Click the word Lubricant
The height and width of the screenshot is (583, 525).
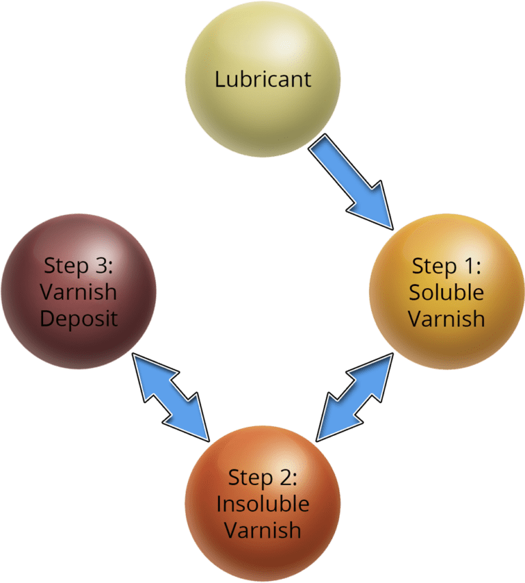tap(262, 79)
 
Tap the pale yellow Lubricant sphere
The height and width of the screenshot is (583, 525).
tap(262, 79)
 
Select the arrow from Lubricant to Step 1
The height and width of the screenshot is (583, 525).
tap(351, 181)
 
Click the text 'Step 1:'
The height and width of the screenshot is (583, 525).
tap(446, 268)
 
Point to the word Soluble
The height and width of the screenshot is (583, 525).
tap(446, 292)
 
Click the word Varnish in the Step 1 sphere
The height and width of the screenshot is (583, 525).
tap(446, 319)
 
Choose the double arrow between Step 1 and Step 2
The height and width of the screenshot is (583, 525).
tap(354, 397)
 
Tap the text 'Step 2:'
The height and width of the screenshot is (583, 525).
tap(262, 478)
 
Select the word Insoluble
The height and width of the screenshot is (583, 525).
tap(262, 504)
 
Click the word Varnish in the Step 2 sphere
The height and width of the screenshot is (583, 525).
tap(262, 530)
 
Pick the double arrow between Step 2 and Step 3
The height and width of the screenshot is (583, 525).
tap(171, 397)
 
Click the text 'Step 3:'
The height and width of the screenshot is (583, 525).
tap(79, 266)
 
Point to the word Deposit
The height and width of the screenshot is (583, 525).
tap(79, 320)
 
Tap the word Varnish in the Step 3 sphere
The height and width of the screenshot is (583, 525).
tap(79, 292)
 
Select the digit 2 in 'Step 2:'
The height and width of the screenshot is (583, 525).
tap(286, 477)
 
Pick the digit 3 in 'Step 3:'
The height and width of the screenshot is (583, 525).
tap(102, 265)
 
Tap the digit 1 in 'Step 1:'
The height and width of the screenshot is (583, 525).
tap(468, 266)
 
